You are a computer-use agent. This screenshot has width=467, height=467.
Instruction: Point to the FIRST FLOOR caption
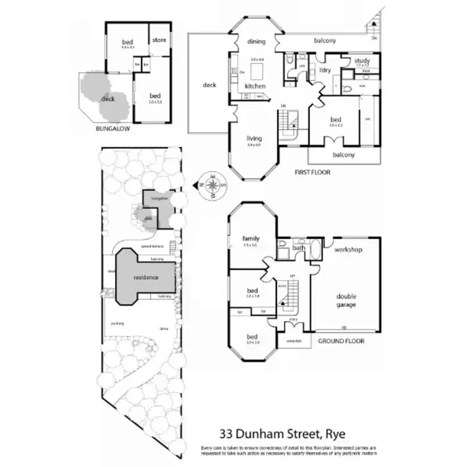pyautogui.click(x=313, y=172)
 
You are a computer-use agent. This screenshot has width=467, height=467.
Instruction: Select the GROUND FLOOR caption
pyautogui.click(x=341, y=341)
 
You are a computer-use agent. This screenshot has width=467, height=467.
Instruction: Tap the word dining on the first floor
pyautogui.click(x=256, y=42)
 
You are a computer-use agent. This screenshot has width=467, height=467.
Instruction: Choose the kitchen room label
pyautogui.click(x=255, y=85)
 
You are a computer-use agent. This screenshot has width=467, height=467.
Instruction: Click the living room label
pyautogui.click(x=254, y=138)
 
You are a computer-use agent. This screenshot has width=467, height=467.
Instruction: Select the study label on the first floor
pyautogui.click(x=362, y=60)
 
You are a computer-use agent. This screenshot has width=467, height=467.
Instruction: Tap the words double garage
pyautogui.click(x=347, y=301)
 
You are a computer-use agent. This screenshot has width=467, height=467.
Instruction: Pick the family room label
pyautogui.click(x=250, y=238)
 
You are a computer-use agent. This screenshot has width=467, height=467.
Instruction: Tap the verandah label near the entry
pyautogui.click(x=294, y=341)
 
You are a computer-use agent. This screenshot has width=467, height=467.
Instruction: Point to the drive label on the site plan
pyautogui.click(x=164, y=328)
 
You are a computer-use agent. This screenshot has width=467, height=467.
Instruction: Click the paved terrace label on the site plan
pyautogui.click(x=153, y=247)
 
